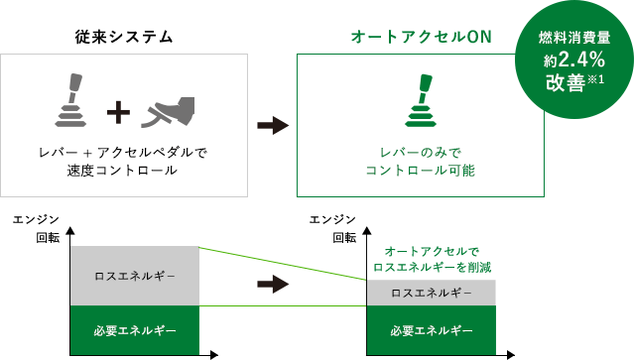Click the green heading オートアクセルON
coord(421,37)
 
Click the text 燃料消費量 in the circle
coord(572,38)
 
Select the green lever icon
coord(421,100)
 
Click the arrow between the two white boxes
coord(271,126)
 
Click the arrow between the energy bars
coord(271,286)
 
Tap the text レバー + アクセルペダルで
coord(123,153)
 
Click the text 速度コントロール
coord(123,171)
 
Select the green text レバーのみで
coord(421,153)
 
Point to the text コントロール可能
coord(421,171)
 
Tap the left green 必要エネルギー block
coord(135,330)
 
